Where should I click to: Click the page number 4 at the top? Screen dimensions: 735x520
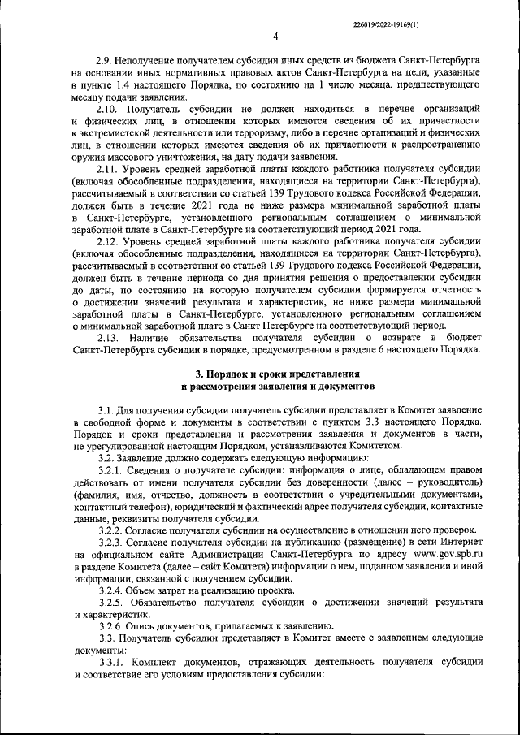point(275,36)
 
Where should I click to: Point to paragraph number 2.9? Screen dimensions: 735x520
point(105,60)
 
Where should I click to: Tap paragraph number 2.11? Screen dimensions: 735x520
point(107,169)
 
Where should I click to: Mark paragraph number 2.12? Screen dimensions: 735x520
point(107,241)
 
